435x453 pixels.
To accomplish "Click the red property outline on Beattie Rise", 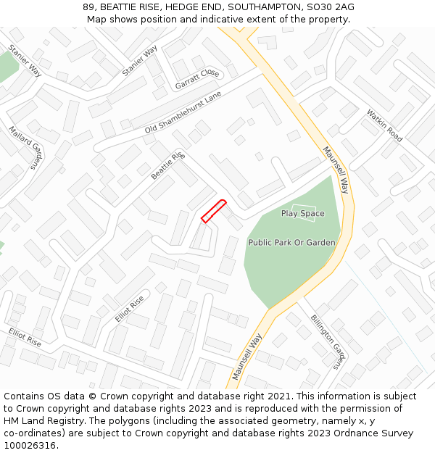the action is pyautogui.click(x=214, y=211).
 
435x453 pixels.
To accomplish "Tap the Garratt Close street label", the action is pyautogui.click(x=196, y=80).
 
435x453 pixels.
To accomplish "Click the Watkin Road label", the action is pyautogui.click(x=384, y=125).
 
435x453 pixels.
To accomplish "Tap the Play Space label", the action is pyautogui.click(x=302, y=214).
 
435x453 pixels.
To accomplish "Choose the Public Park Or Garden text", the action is pyautogui.click(x=291, y=243).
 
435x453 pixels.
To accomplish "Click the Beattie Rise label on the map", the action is pyautogui.click(x=168, y=167).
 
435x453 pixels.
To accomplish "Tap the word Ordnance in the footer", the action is pyautogui.click(x=344, y=433).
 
